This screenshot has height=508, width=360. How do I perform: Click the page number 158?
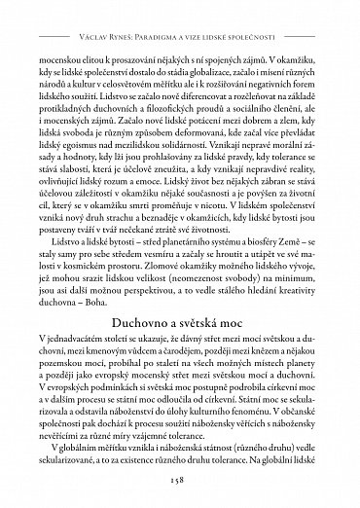(x=179, y=478)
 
